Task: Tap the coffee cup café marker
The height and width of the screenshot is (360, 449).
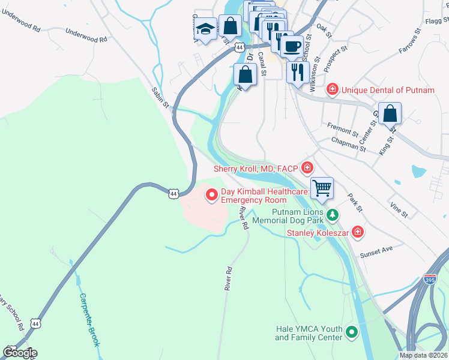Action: tap(292, 46)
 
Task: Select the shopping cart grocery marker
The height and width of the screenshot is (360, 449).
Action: tap(322, 188)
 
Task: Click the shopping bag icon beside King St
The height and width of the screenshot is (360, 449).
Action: tap(390, 113)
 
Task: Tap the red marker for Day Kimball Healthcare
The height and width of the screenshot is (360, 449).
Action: tap(211, 194)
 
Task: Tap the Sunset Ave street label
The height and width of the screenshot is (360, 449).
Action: tap(376, 251)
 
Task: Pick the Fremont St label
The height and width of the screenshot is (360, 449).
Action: tap(342, 128)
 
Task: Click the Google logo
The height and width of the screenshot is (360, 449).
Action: tap(20, 352)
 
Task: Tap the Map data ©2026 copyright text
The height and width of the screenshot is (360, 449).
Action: tap(423, 355)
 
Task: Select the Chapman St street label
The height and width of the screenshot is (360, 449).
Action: tap(348, 143)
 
